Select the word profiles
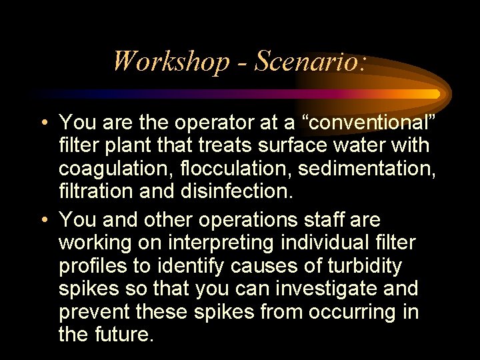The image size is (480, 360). [93, 266]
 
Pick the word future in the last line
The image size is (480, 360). [125, 334]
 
